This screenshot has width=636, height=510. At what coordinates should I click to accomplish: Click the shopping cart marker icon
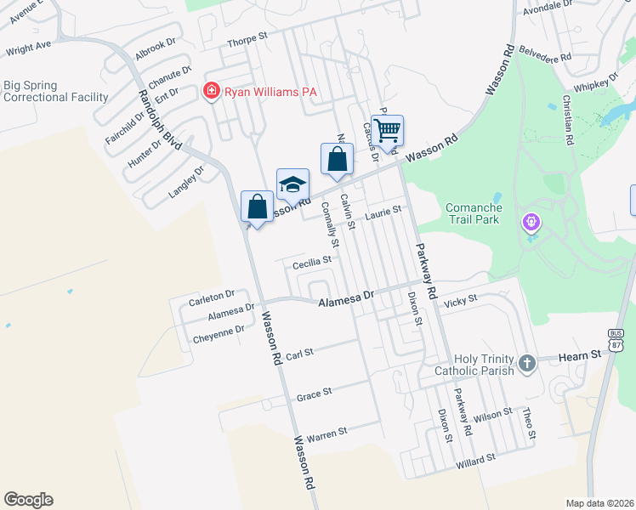coord(387,132)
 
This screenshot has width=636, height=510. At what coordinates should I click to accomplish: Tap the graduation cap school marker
coord(292,184)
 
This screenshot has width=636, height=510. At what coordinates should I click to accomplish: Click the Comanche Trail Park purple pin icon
coord(532,223)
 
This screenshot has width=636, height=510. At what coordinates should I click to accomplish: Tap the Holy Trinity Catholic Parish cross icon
coord(527,364)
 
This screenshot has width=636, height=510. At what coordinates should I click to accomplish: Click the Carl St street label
coord(300,352)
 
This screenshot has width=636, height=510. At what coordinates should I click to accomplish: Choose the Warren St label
coord(327,433)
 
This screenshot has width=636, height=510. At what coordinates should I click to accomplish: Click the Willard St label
coord(475,459)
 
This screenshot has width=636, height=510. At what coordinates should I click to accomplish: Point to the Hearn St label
coord(580,354)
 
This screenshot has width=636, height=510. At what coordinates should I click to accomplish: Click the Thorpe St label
coord(247,39)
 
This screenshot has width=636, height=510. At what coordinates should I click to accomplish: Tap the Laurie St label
coord(383,213)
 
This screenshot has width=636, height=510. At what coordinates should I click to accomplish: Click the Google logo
coord(28,500)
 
